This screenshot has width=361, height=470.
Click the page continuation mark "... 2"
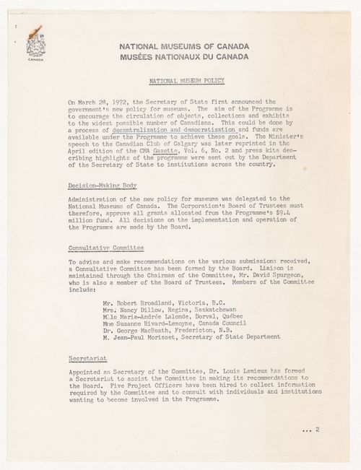(x=312, y=428)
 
